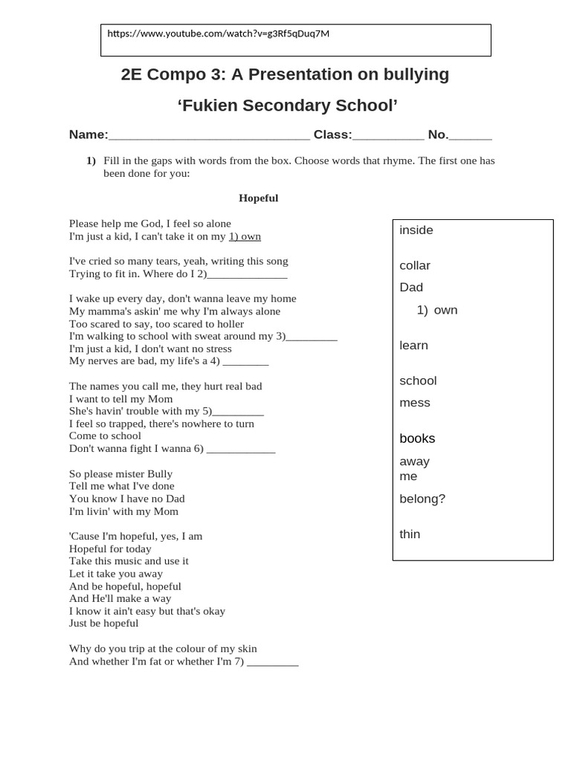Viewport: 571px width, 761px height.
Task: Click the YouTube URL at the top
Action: click(x=218, y=33)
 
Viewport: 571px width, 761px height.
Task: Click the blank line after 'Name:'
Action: click(x=209, y=136)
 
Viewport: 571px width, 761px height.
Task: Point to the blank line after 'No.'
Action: click(x=471, y=136)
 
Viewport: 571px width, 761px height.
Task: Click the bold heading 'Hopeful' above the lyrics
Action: click(x=258, y=198)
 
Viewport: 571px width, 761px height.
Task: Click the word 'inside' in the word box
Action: click(x=416, y=230)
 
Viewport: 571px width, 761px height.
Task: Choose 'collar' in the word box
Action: click(x=415, y=266)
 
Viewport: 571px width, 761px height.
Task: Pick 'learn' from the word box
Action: click(x=413, y=346)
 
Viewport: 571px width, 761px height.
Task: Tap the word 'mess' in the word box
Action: click(x=415, y=403)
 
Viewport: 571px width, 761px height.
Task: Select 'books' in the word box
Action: click(x=417, y=438)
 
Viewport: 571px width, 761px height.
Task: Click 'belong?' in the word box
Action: click(x=422, y=499)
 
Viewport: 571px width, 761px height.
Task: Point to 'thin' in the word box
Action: click(x=410, y=534)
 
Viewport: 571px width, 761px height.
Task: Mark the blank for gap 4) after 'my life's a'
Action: click(x=245, y=362)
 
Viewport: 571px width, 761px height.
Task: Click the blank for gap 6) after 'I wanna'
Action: click(x=241, y=450)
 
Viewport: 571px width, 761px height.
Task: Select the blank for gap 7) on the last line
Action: click(x=272, y=662)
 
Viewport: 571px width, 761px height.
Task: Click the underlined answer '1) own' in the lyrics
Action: click(x=245, y=236)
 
